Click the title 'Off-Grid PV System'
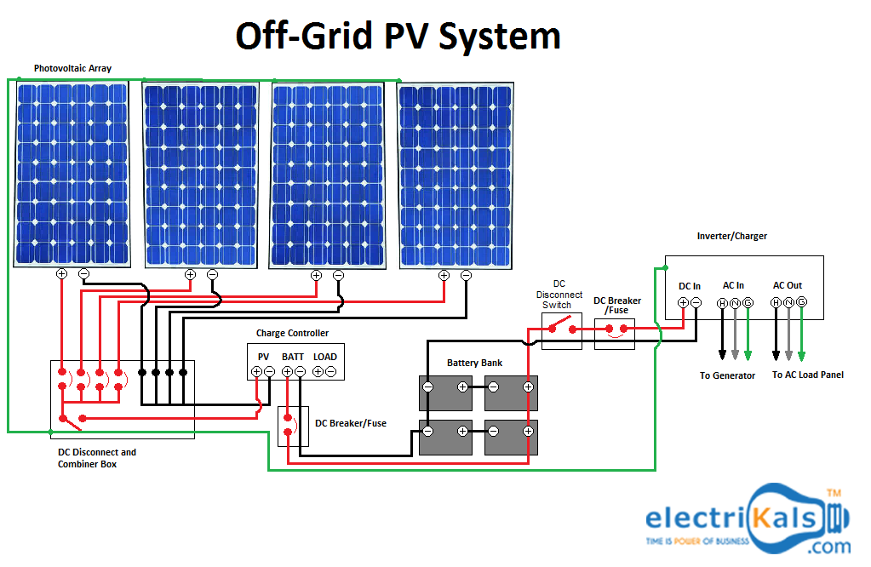point(398,37)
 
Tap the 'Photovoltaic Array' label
point(72,68)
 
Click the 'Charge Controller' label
point(292,333)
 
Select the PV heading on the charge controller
point(263,357)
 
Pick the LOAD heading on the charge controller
point(324,357)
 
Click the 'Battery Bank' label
point(474,363)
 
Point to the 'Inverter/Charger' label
point(731,236)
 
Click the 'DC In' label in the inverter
point(690,286)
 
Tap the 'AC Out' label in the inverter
point(788,286)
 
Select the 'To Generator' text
point(727,375)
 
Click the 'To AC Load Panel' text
point(807,375)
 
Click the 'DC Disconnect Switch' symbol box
point(561,329)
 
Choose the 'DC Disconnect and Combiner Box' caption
point(96,458)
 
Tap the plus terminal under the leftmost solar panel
point(61,274)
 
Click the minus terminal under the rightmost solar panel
point(466,275)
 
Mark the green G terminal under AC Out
point(801,303)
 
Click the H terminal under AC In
point(722,303)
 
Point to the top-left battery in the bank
point(445,392)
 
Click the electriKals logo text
point(733,518)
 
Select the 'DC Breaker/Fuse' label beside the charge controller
point(351,423)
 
